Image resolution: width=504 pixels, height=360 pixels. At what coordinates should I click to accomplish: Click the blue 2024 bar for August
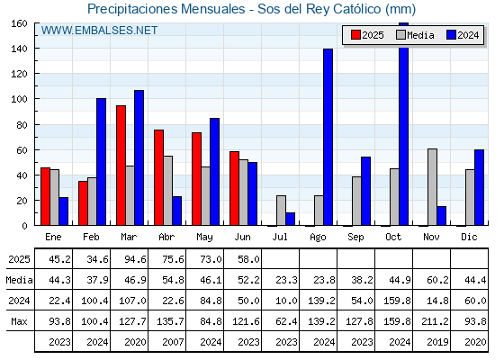328,137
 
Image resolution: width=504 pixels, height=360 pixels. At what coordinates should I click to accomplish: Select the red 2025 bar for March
121,166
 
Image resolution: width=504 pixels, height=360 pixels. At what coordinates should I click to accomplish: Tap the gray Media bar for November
432,187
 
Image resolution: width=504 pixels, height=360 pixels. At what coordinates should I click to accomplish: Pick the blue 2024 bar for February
101,162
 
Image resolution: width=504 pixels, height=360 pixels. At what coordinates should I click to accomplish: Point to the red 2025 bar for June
234,188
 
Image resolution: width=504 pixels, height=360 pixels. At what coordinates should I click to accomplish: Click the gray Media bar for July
281,211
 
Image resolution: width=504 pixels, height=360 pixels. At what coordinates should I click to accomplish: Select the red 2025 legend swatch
355,35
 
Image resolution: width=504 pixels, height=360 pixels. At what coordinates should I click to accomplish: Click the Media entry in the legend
415,35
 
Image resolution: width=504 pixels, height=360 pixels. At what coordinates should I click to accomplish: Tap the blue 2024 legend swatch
451,35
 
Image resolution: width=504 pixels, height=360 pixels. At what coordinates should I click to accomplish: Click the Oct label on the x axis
393,238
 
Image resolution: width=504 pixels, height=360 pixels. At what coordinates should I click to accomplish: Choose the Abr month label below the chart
166,238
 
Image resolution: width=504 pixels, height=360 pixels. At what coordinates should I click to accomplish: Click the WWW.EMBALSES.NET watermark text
99,31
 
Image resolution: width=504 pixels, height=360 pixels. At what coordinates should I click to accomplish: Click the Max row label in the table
19,321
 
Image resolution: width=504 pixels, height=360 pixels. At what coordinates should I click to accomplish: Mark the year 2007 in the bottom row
173,342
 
